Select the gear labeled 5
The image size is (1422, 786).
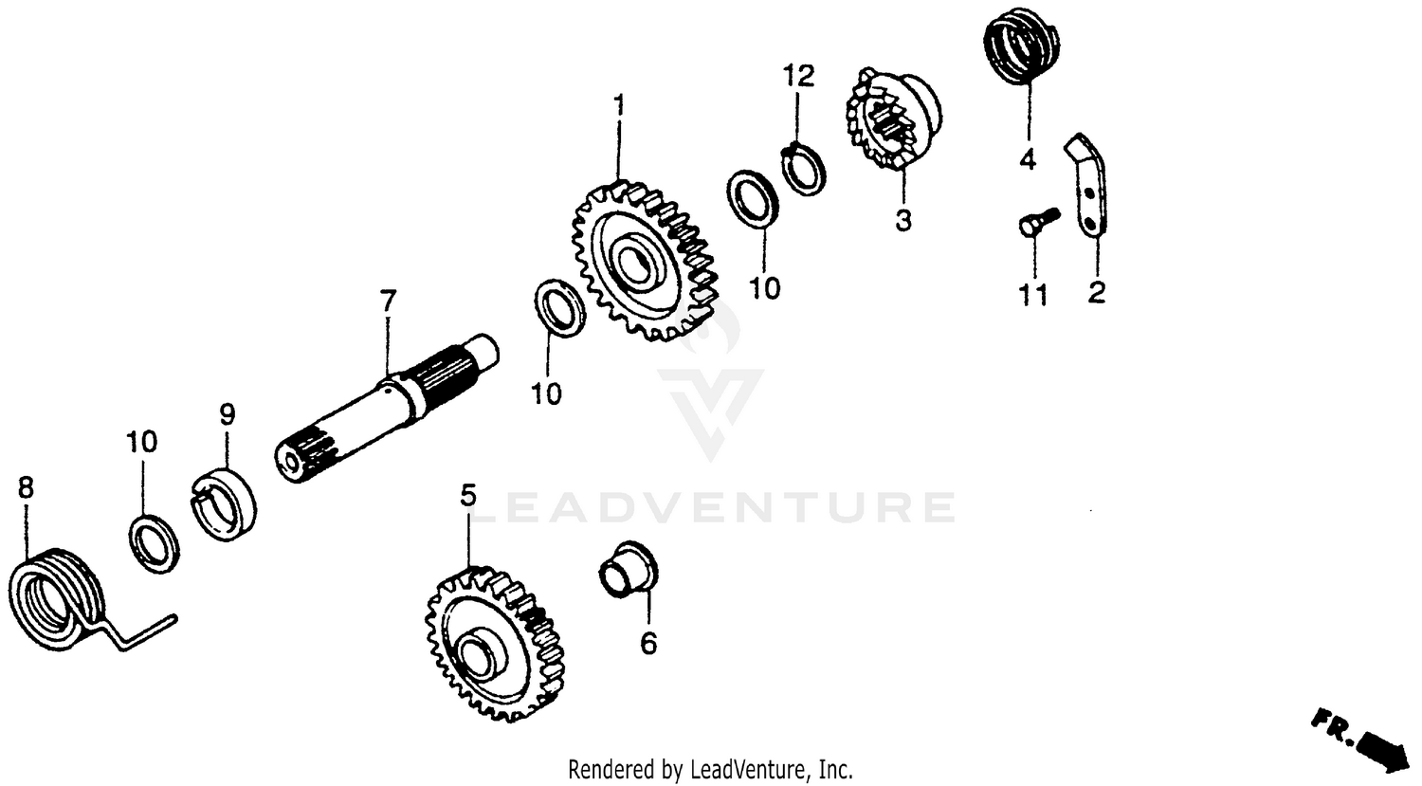pos(488,645)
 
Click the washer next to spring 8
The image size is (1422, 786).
pos(154,544)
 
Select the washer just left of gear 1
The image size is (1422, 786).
pos(560,307)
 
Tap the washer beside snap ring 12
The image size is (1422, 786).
pos(756,198)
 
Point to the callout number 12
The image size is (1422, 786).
pos(798,76)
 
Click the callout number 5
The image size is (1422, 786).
pos(467,496)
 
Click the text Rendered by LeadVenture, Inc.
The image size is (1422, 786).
pos(710,768)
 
